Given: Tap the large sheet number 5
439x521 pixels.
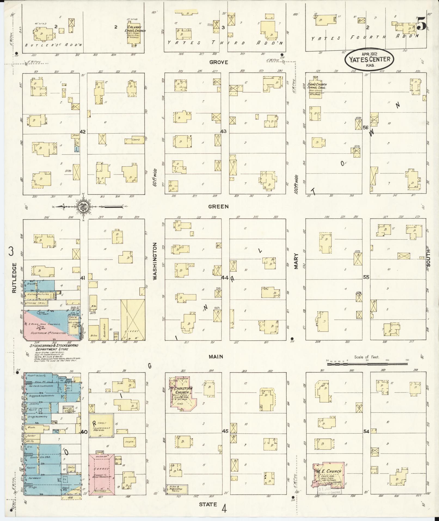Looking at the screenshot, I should [x=421, y=24].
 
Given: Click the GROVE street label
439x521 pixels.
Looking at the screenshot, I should [x=219, y=62].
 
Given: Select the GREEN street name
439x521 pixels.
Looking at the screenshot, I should [x=218, y=206].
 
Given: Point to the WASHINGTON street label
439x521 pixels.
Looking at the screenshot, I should [x=155, y=261].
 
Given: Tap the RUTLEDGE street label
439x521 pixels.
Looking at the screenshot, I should [x=14, y=278].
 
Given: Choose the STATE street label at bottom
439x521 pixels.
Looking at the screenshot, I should [x=208, y=504].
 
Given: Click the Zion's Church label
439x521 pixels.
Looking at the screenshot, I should [x=317, y=86].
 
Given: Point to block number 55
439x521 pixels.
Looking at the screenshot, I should [x=366, y=277].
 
